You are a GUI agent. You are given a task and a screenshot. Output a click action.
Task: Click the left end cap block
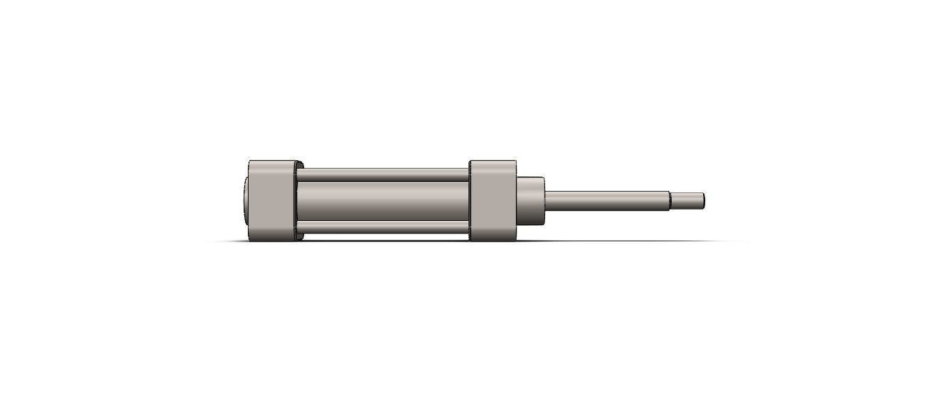pos(272,201)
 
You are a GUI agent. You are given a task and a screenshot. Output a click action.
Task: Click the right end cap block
pos(492,201)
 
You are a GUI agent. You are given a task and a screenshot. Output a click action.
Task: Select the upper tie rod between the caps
pos(383,174)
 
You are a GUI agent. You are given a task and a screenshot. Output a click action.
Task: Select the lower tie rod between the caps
pos(383,228)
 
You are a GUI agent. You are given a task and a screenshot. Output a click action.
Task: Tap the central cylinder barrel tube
pos(383,201)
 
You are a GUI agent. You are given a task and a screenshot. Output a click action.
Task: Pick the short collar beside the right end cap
pos(530,201)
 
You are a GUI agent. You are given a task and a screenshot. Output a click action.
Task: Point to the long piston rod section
pos(606,201)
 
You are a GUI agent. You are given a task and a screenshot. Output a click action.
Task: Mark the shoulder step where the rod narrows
pos(670,201)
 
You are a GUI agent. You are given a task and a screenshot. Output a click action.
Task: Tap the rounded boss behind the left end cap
pos(246,201)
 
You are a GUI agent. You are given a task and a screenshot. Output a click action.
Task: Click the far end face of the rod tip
pos(703,201)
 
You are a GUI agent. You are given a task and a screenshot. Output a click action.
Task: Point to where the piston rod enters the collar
pos(546,201)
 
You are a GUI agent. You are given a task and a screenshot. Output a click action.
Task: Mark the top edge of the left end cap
pos(272,162)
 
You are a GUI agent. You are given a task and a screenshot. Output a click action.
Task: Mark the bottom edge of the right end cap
pos(492,240)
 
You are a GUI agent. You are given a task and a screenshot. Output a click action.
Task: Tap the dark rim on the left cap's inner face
pos(299,201)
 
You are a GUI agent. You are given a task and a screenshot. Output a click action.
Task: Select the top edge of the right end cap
pos(492,162)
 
